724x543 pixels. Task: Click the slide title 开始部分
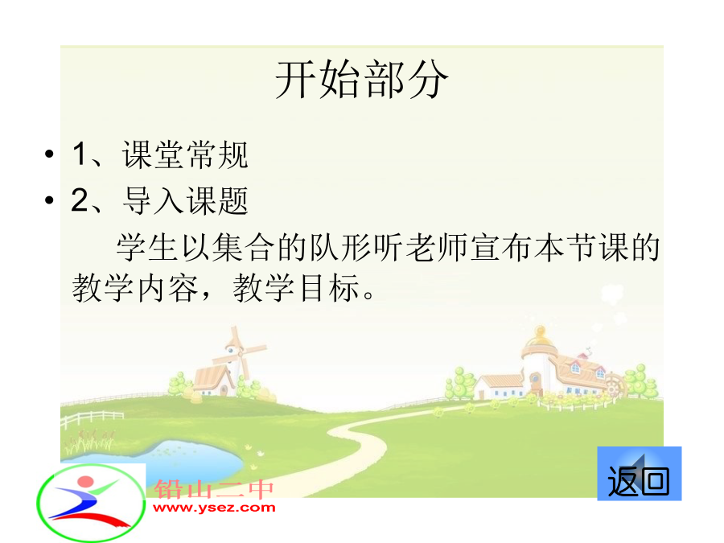pyautogui.click(x=361, y=80)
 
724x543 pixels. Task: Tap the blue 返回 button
pyautogui.click(x=639, y=473)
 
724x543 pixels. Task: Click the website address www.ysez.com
pyautogui.click(x=214, y=508)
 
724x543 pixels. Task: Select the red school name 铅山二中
pyautogui.click(x=214, y=489)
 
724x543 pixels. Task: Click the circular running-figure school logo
pyautogui.click(x=91, y=502)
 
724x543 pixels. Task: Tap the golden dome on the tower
pyautogui.click(x=540, y=339)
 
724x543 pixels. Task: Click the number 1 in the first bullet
pyautogui.click(x=80, y=154)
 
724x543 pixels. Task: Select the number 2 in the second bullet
pyautogui.click(x=80, y=200)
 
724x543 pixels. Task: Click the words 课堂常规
pyautogui.click(x=186, y=154)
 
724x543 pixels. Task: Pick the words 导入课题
pyautogui.click(x=186, y=201)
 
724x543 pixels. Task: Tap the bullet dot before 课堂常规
pyautogui.click(x=49, y=154)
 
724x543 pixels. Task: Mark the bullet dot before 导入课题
pyautogui.click(x=49, y=200)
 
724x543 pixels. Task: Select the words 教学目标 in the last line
pyautogui.click(x=296, y=288)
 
